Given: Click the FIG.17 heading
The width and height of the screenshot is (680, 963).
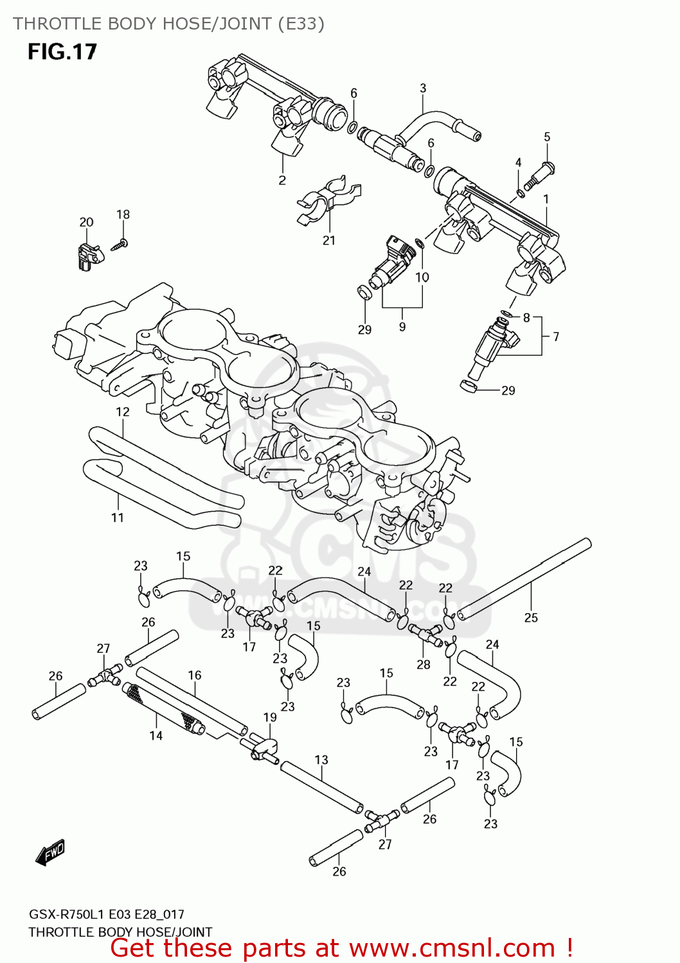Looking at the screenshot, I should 62,51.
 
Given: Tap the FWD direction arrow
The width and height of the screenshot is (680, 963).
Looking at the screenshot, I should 51,853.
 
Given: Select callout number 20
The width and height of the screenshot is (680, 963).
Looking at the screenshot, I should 86,222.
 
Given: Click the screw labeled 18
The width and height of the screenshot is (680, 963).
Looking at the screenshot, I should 121,243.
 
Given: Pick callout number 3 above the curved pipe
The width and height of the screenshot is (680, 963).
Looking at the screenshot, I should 423,88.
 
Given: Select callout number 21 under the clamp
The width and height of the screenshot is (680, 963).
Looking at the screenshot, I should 329,240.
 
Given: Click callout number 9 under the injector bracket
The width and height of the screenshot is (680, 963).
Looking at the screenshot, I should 402,327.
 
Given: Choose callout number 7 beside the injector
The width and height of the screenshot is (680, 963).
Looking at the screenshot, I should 556,336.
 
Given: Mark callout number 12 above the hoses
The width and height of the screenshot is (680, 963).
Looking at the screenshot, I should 123,412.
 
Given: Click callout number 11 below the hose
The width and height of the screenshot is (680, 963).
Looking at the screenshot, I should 117,517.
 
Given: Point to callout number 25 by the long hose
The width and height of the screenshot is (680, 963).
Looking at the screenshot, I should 531,618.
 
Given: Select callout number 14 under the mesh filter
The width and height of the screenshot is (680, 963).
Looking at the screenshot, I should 156,736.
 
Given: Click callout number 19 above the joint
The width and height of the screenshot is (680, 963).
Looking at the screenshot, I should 270,717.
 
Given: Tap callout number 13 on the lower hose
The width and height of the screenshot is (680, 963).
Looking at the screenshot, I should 321,760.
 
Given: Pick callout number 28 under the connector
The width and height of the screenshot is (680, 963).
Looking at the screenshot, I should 424,664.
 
